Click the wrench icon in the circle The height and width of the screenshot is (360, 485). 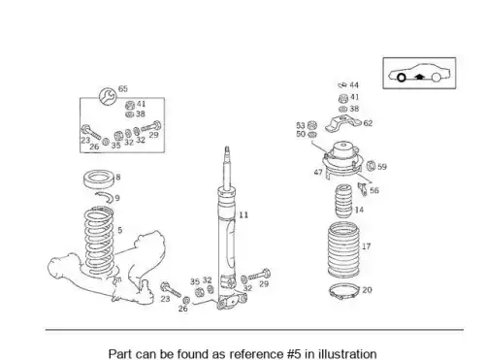108,96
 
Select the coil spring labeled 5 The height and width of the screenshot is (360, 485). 99,242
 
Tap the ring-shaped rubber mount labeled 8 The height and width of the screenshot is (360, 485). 99,179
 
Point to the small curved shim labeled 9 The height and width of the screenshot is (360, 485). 104,197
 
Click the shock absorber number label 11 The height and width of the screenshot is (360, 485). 243,215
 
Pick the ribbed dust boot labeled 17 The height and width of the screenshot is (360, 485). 343,250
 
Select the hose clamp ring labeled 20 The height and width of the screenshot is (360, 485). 344,291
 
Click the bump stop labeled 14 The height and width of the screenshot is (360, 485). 343,201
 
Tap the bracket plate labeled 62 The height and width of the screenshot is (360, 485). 342,123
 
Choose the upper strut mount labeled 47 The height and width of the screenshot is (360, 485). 342,159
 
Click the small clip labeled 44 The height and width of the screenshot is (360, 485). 342,85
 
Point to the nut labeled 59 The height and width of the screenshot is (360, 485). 372,166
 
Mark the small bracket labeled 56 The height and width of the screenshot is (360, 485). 363,189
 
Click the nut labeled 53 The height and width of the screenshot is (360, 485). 312,125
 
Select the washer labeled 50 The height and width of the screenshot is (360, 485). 312,134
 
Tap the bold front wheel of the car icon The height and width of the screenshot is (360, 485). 402,78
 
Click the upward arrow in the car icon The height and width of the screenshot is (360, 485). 419,77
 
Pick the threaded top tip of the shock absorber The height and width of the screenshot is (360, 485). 227,149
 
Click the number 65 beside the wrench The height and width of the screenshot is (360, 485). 123,88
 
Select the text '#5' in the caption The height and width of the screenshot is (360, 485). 293,353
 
